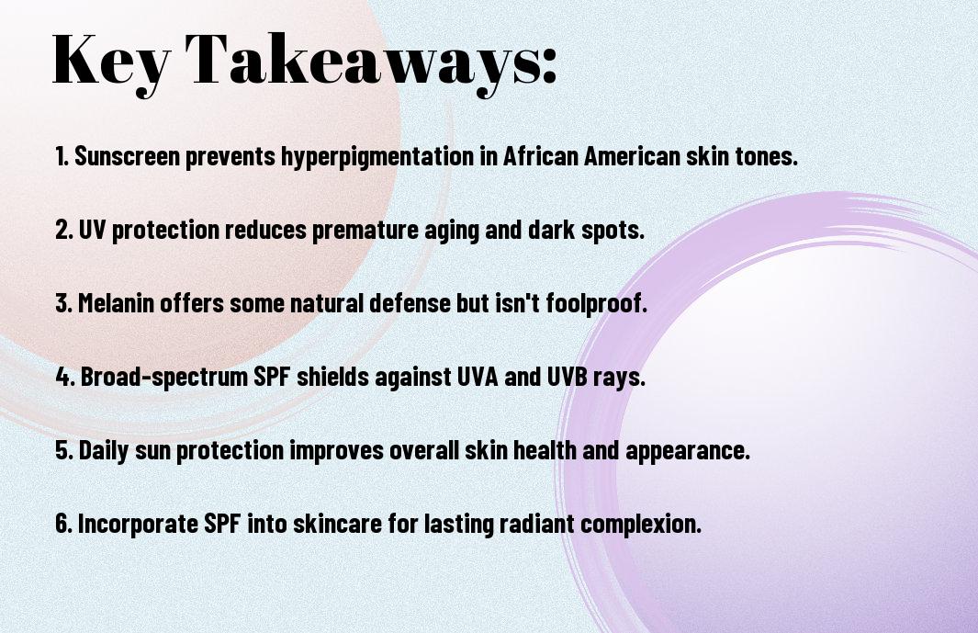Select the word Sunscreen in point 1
point(128,156)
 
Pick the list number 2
point(63,230)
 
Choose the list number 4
point(65,377)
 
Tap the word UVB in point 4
point(568,377)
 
